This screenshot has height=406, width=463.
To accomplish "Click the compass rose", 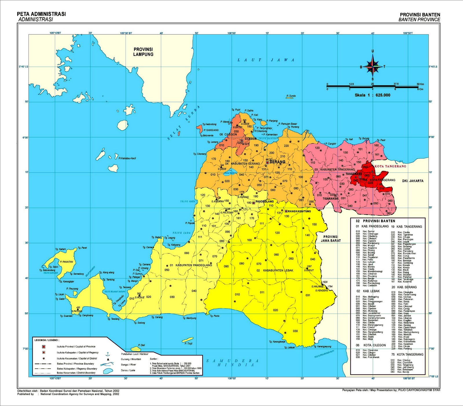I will (373, 66).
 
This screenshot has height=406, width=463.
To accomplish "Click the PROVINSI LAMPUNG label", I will (143, 52).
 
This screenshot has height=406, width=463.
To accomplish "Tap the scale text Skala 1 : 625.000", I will (372, 95).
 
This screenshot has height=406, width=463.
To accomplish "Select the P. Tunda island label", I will (291, 96).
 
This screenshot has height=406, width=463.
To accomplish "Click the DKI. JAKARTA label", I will (413, 181).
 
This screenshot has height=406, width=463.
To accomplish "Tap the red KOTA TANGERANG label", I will (390, 166).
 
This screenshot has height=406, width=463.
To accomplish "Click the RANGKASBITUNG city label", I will (299, 211).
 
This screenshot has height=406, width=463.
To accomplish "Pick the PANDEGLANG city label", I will (264, 202).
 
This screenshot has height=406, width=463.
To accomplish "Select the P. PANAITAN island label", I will (67, 262).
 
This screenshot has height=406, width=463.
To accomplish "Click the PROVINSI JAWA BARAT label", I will (330, 239).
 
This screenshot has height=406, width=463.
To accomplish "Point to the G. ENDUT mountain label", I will (309, 270).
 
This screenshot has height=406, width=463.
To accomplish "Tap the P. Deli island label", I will (142, 345).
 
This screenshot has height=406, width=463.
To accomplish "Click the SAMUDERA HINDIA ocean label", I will (233, 363).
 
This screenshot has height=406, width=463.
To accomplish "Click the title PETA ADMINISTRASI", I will (41, 14).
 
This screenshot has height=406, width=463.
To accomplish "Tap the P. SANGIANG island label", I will (211, 130).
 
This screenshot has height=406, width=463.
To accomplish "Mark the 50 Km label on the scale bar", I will (420, 84).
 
